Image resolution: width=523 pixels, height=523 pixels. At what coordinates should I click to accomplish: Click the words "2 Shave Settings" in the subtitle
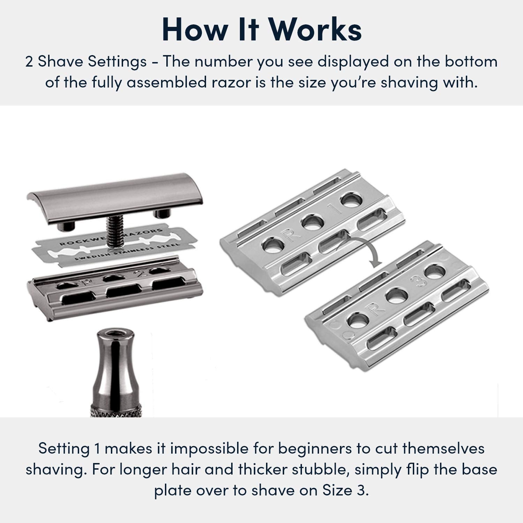(x=86, y=62)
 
